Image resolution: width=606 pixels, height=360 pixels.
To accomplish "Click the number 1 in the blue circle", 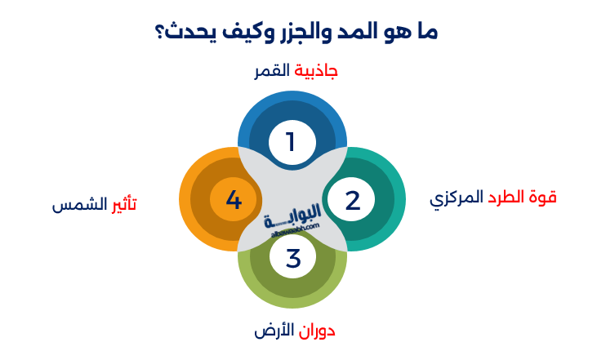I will click(290, 142).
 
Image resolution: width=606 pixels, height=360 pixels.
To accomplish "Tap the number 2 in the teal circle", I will click(352, 200).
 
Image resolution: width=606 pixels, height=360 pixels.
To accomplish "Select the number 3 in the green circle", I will click(293, 258).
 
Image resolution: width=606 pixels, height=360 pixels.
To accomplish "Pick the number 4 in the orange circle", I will click(234, 200).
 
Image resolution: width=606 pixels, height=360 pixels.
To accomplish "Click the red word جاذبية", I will click(316, 71).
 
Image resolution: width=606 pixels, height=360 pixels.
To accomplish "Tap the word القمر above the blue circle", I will click(273, 71).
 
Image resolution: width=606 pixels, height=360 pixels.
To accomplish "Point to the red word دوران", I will click(316, 331).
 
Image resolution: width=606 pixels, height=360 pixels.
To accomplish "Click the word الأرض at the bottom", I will click(273, 331).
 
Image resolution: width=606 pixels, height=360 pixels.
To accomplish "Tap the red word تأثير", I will click(124, 204).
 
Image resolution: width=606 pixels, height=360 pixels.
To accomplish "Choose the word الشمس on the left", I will click(80, 204).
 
